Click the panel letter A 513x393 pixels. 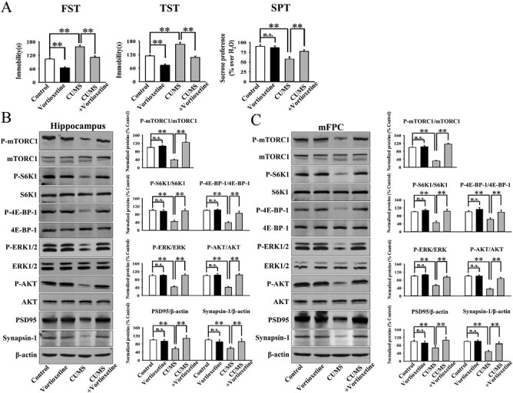coord(7,8)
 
